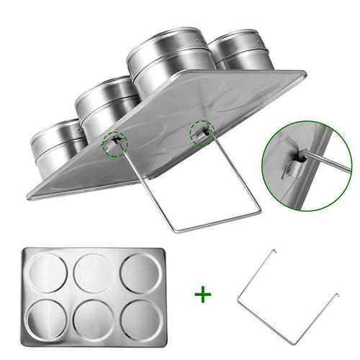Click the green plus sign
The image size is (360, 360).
203,294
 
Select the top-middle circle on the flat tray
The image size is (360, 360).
94,272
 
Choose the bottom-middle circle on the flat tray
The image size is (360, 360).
94,317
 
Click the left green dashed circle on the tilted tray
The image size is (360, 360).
112,144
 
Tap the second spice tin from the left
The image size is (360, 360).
108,108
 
